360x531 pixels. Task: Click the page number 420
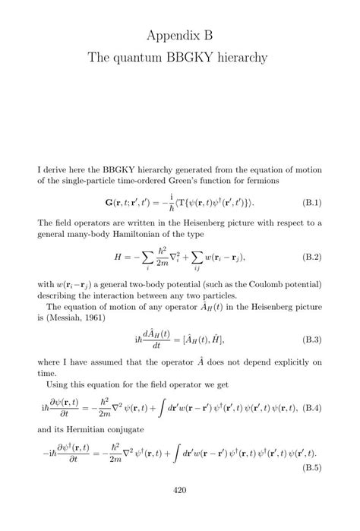point(180,511)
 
